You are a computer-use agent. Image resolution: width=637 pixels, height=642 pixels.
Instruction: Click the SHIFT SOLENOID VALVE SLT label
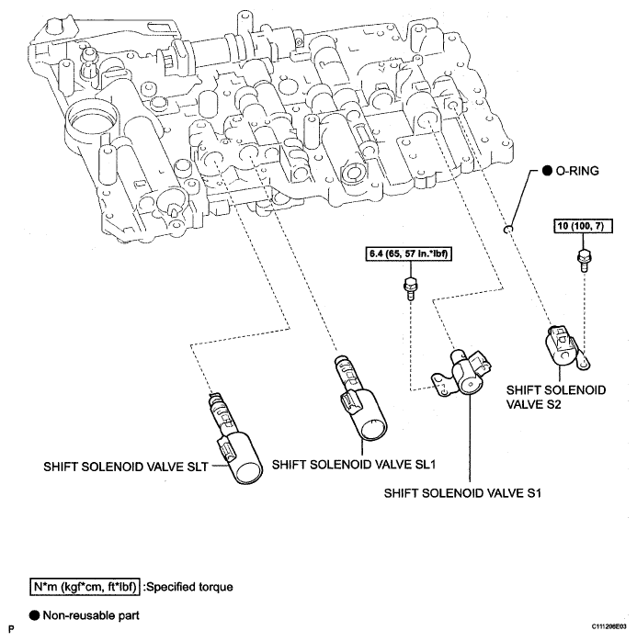(x=126, y=467)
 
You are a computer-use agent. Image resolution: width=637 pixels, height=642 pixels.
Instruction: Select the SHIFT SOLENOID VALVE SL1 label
(x=354, y=465)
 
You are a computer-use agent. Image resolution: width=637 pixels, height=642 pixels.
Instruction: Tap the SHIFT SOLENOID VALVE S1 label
(x=462, y=493)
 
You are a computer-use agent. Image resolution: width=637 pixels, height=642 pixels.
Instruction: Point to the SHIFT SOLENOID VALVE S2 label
(x=556, y=397)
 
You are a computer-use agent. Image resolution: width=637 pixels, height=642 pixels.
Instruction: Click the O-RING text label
(x=577, y=171)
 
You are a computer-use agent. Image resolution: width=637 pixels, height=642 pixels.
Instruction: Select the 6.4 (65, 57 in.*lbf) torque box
(x=408, y=253)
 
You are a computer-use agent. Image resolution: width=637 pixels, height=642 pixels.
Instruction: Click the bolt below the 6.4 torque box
(x=410, y=288)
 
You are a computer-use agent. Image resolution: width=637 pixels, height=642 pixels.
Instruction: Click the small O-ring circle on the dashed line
(x=507, y=229)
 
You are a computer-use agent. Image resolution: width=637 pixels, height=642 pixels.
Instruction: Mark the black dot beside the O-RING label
(x=547, y=171)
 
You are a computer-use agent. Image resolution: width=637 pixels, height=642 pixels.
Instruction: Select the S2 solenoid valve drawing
(x=565, y=347)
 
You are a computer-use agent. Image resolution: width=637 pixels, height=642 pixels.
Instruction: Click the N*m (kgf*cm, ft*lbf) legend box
(x=85, y=587)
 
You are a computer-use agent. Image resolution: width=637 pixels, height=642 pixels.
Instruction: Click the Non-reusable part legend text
(x=91, y=615)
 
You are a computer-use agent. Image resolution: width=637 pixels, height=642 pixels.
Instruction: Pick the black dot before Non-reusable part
(x=34, y=615)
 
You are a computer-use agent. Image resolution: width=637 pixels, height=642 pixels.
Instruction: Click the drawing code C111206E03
(x=609, y=626)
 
